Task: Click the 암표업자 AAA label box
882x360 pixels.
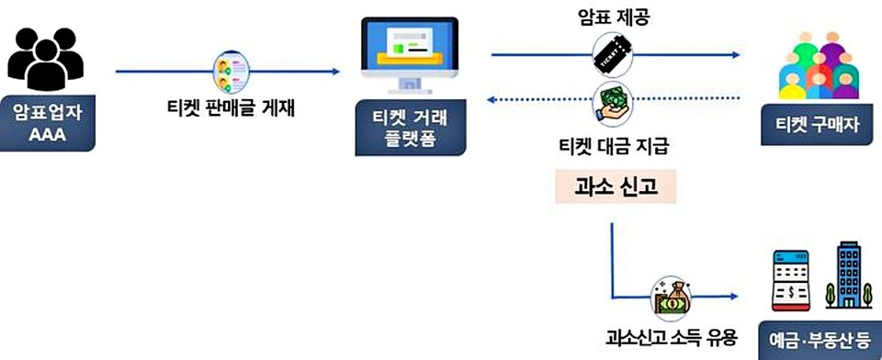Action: point(47,123)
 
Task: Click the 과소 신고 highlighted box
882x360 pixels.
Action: point(616,186)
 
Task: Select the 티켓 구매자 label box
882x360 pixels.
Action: point(818,125)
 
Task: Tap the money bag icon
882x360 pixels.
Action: point(670,297)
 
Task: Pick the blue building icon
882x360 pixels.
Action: point(842,276)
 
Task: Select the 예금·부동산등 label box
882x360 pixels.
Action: point(819,338)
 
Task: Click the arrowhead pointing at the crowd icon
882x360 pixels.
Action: point(735,55)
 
